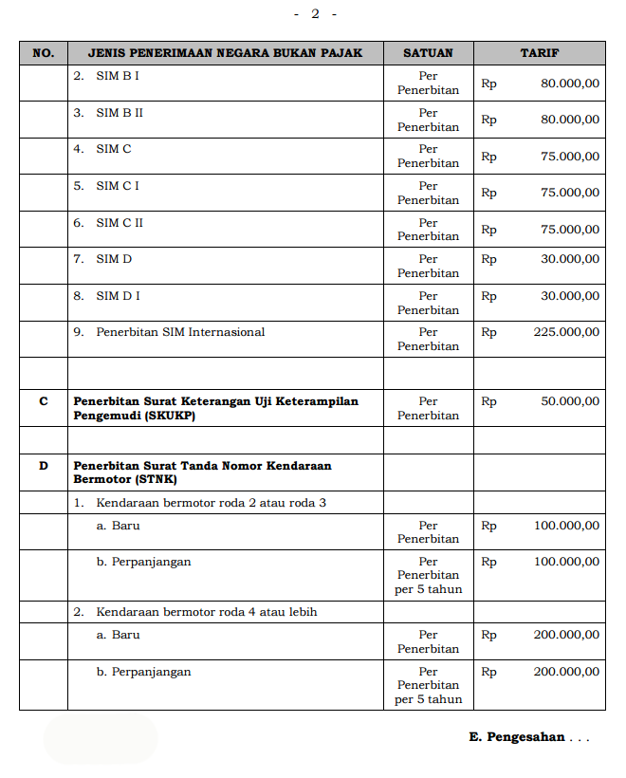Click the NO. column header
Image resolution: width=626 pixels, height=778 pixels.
[43, 53]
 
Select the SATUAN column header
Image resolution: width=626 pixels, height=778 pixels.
[428, 53]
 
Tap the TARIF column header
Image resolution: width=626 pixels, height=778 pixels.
[539, 53]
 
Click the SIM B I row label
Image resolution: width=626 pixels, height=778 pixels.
[118, 76]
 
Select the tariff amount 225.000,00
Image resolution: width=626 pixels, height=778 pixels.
[566, 332]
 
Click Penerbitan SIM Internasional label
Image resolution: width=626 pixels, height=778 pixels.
[180, 332]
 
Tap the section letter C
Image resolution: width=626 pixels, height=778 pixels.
[43, 401]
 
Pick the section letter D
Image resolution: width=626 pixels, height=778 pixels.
[43, 466]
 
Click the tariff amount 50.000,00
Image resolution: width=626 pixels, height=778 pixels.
[570, 401]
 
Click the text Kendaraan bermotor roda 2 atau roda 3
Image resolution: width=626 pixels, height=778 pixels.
[211, 502]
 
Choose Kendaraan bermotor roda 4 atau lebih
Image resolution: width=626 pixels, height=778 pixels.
[206, 612]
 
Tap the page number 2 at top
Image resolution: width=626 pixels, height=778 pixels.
[315, 13]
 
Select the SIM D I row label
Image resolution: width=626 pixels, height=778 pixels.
[118, 296]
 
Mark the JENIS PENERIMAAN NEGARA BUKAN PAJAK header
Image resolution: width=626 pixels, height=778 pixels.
[225, 53]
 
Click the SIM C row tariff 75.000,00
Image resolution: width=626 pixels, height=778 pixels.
[570, 157]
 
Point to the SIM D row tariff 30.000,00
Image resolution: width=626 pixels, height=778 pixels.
[570, 259]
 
